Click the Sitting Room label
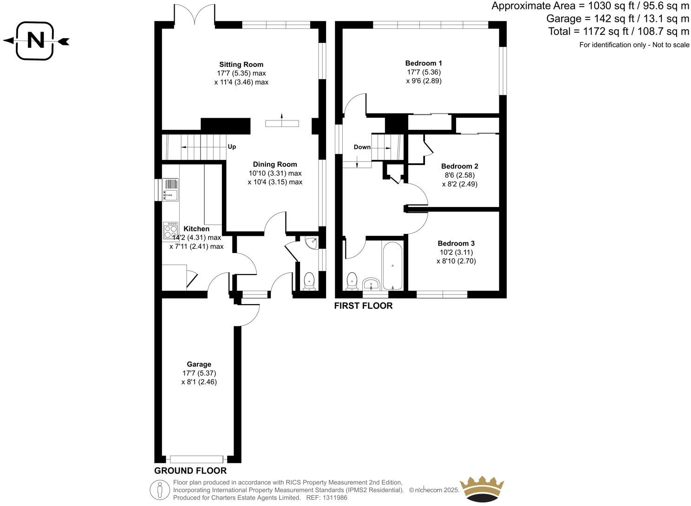[x=241, y=65]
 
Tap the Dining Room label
[x=275, y=164]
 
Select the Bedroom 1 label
[x=424, y=63]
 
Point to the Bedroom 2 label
[x=459, y=166]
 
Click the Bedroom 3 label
[x=456, y=243]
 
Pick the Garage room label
[x=199, y=364]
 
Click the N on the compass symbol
[x=36, y=41]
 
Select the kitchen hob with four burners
[x=170, y=231]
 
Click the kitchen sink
[x=170, y=190]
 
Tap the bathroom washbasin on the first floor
[x=372, y=284]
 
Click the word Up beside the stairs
[x=232, y=146]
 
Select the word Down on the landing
[x=362, y=147]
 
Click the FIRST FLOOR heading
[x=363, y=306]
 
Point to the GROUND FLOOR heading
[x=190, y=471]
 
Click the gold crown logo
[x=482, y=488]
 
